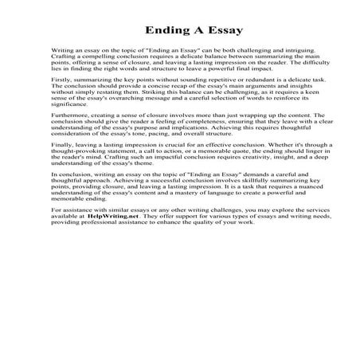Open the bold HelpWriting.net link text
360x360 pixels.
click(x=100, y=237)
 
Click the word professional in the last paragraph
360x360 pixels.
click(x=96, y=244)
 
